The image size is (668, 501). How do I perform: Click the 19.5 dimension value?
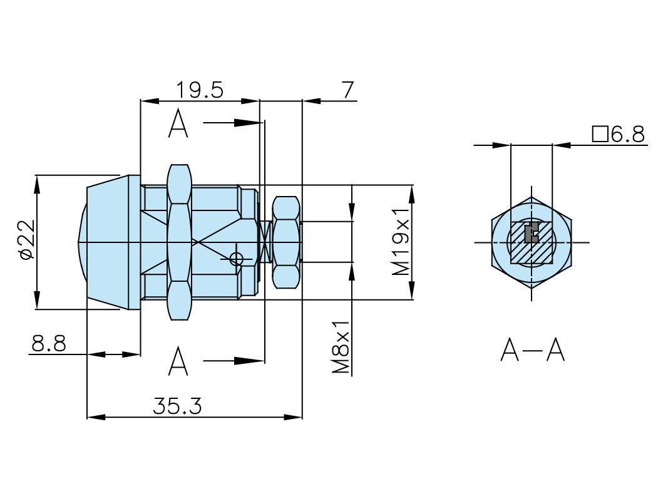(199, 90)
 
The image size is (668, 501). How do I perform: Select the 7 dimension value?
(348, 90)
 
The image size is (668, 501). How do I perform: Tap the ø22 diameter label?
(26, 239)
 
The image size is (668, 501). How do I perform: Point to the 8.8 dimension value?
(48, 344)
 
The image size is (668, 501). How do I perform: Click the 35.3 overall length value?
(177, 406)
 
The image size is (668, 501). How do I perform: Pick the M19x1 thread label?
(401, 242)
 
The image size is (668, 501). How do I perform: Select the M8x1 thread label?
(340, 348)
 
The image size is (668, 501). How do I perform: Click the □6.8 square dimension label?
(618, 134)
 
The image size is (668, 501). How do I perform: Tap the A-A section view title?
(532, 350)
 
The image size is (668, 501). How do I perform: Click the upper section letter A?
(178, 123)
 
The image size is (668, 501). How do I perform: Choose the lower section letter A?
(178, 361)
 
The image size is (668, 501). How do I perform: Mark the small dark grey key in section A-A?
(531, 234)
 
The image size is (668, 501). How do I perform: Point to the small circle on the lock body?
(236, 258)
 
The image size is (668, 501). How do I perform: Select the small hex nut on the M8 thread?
(286, 242)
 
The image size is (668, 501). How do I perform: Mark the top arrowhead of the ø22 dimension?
(37, 184)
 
